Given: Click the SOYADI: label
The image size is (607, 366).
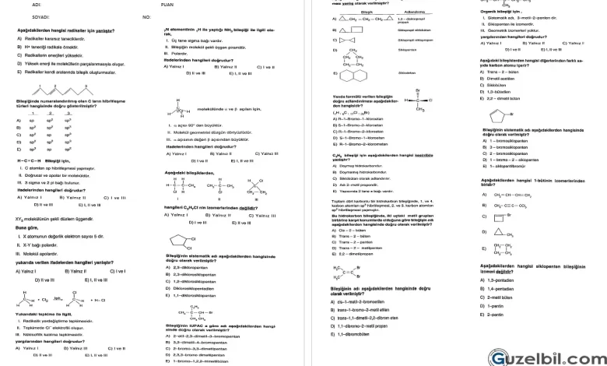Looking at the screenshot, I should point(40,16).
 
